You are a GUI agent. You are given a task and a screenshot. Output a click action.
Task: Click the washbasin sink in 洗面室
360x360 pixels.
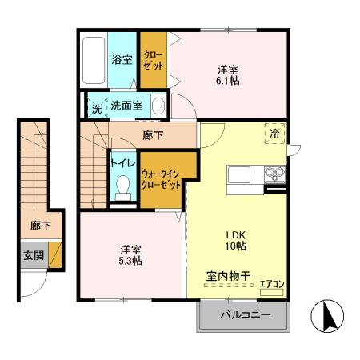(158, 106)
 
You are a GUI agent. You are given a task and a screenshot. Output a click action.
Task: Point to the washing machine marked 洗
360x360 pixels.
(96, 107)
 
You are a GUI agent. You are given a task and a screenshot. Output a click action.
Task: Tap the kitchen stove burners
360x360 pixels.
(274, 174)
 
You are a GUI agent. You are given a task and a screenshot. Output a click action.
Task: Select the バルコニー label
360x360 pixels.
(245, 315)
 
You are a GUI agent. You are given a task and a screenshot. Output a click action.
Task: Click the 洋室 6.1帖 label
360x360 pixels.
(228, 74)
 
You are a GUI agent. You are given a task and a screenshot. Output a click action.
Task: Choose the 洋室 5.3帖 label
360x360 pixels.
(130, 254)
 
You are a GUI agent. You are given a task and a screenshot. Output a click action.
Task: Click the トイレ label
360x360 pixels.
(122, 161)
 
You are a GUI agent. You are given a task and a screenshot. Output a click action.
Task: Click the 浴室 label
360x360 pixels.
(122, 59)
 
